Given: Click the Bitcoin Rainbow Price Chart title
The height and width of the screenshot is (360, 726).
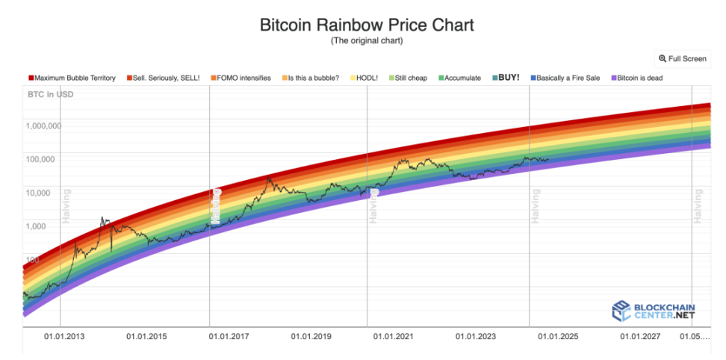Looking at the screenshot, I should [x=366, y=25].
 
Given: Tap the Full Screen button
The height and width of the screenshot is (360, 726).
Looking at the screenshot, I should [x=682, y=58].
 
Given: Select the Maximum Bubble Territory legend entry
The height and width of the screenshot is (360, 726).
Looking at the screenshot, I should [x=72, y=78].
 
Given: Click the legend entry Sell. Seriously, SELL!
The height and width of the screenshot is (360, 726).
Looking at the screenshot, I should [x=164, y=78].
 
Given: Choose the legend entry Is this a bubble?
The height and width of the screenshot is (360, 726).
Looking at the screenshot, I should [x=311, y=78].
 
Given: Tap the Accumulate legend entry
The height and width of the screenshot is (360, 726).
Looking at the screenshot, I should [x=459, y=78].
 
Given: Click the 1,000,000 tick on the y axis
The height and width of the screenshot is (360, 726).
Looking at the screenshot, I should [x=43, y=125].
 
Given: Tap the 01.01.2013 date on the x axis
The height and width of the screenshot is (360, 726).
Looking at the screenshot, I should [x=63, y=337].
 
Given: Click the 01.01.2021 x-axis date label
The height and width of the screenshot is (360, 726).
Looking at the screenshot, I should [x=394, y=337].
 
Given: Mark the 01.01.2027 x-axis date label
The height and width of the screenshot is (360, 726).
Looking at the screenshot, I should [x=640, y=337].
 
